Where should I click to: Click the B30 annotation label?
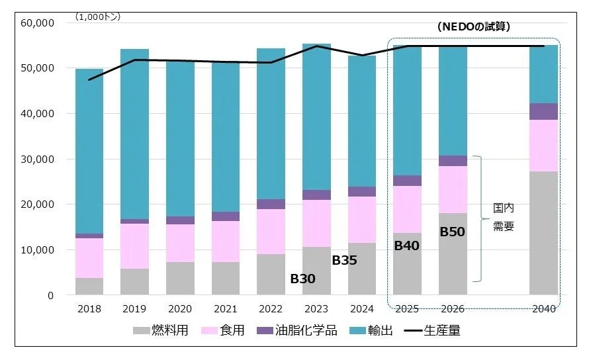[303, 279]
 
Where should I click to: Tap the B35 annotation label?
[344, 261]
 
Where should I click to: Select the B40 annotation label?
[406, 246]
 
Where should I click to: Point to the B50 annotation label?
[453, 232]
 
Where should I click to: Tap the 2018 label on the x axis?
[89, 308]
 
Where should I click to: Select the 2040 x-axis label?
[544, 308]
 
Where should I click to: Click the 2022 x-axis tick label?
[271, 308]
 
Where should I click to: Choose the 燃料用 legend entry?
[161, 330]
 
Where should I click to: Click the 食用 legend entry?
[222, 330]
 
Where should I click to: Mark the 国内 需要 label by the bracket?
[503, 217]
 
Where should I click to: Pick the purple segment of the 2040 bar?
[544, 111]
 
